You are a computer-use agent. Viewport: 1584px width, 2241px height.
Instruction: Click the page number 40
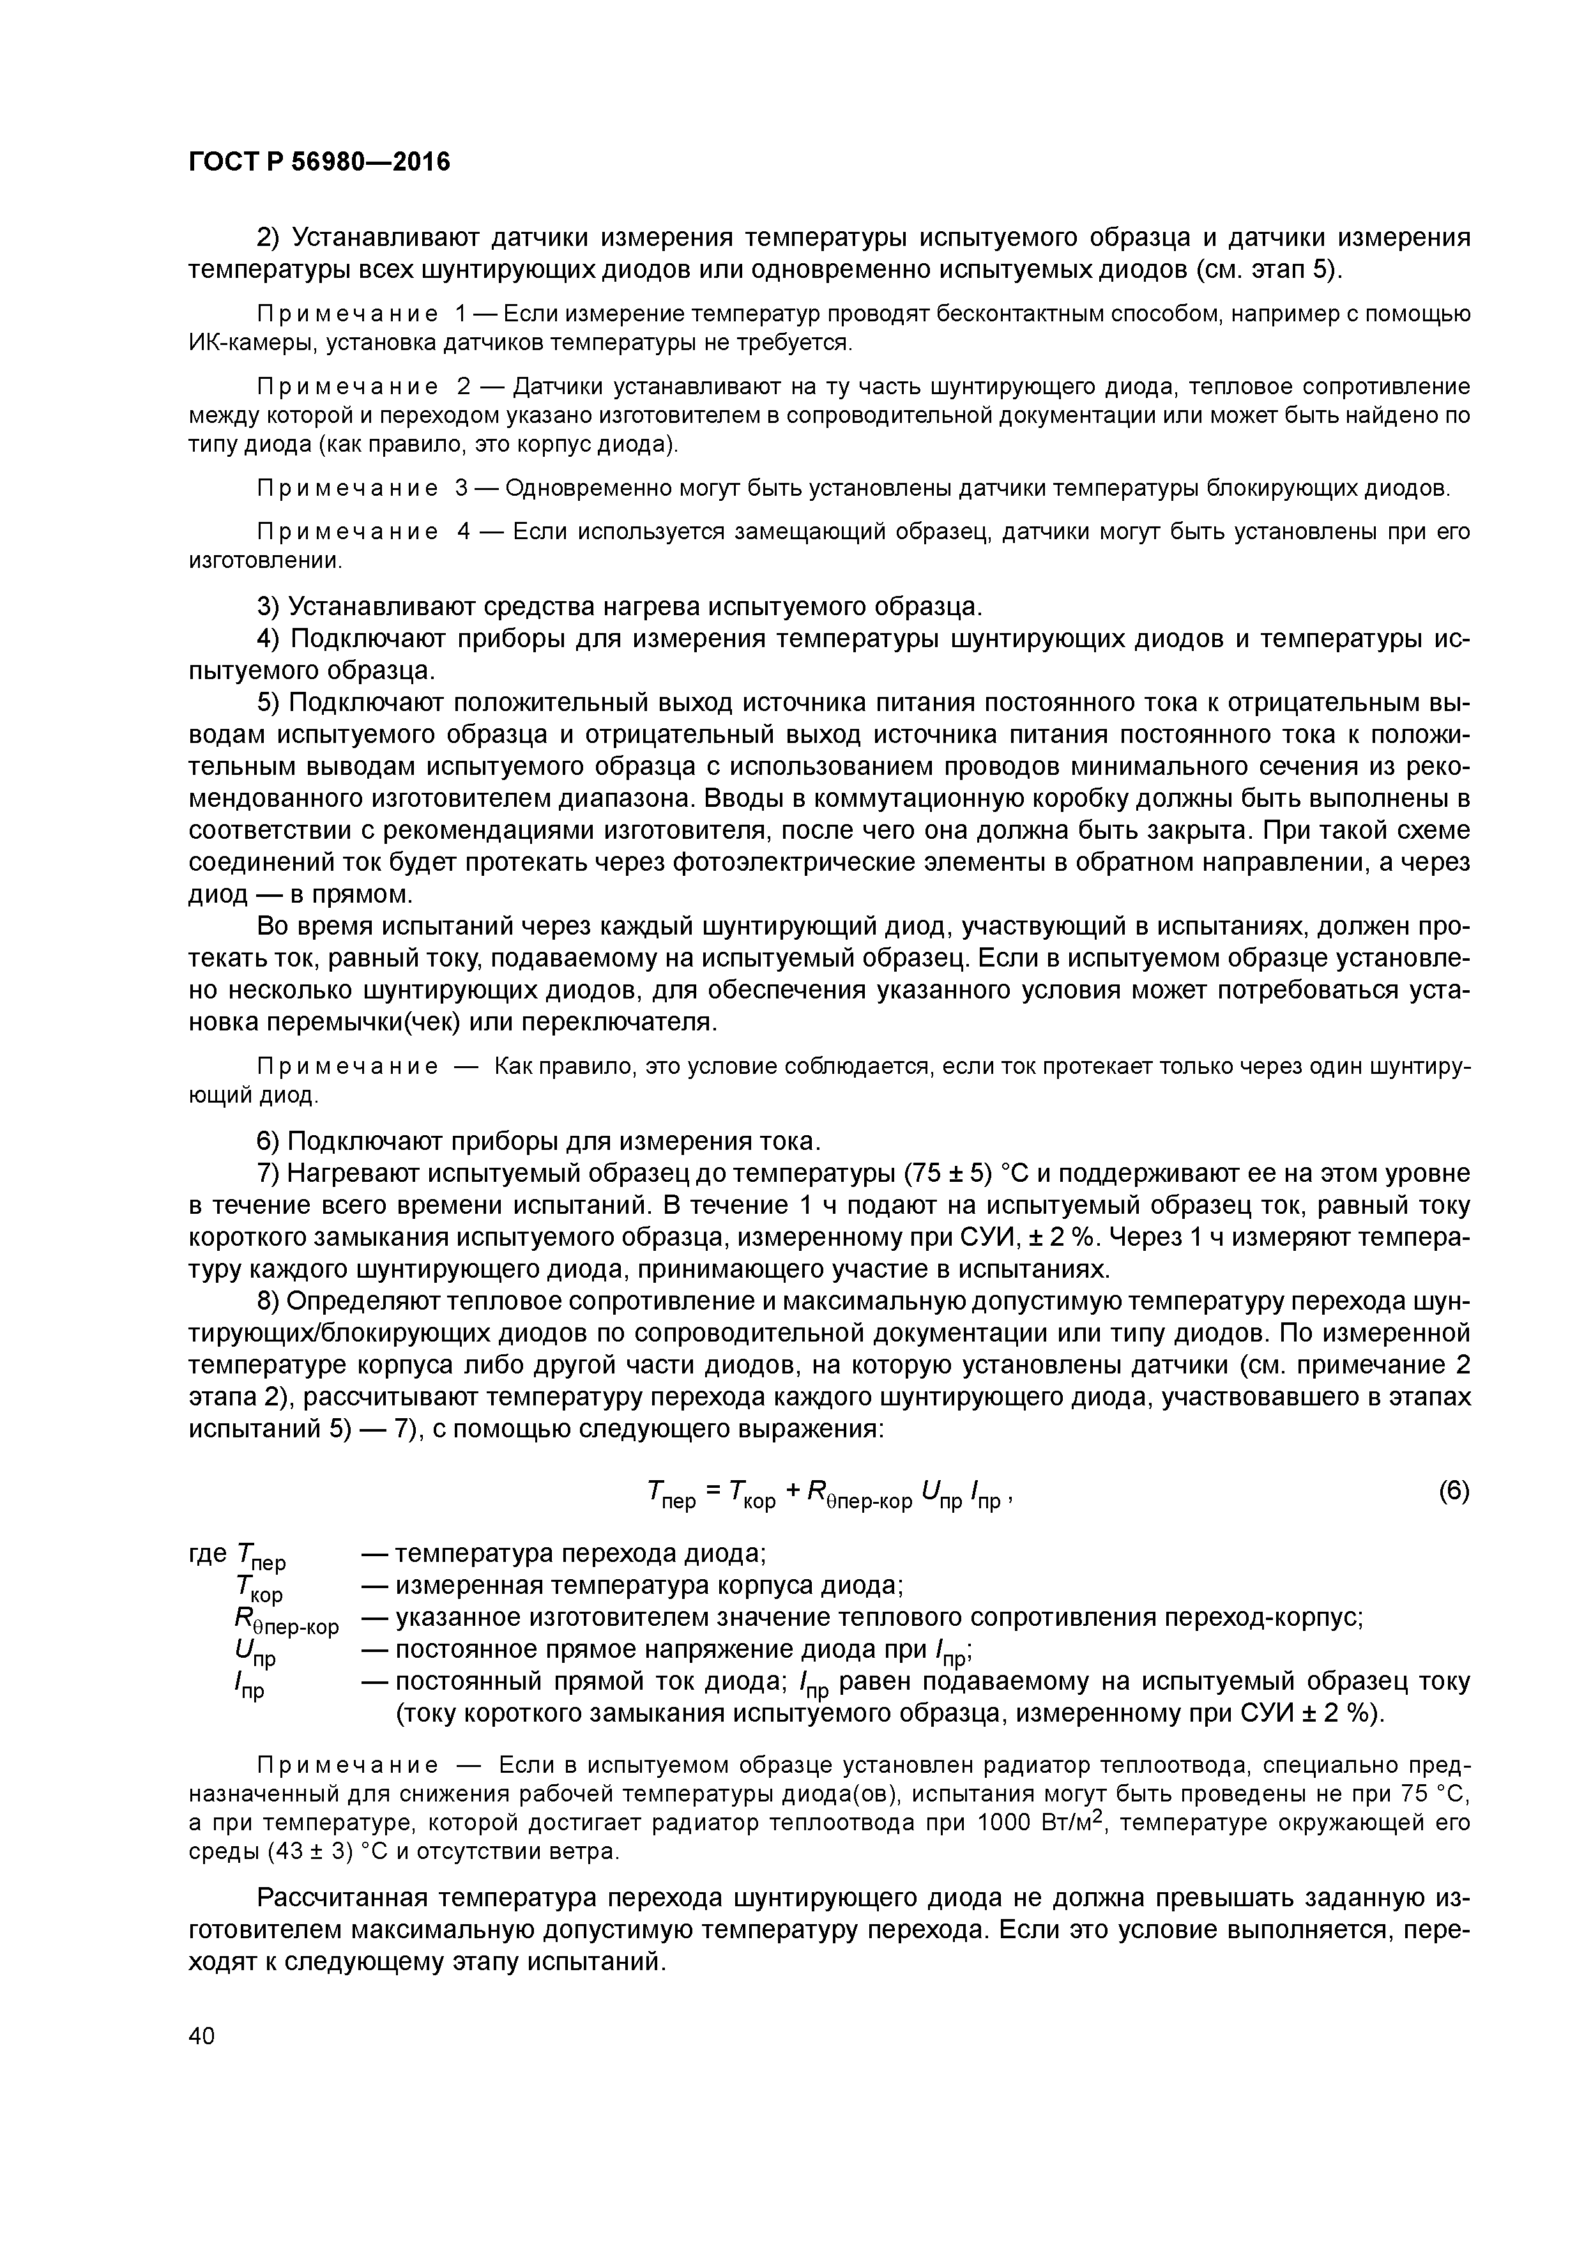pyautogui.click(x=201, y=2035)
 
